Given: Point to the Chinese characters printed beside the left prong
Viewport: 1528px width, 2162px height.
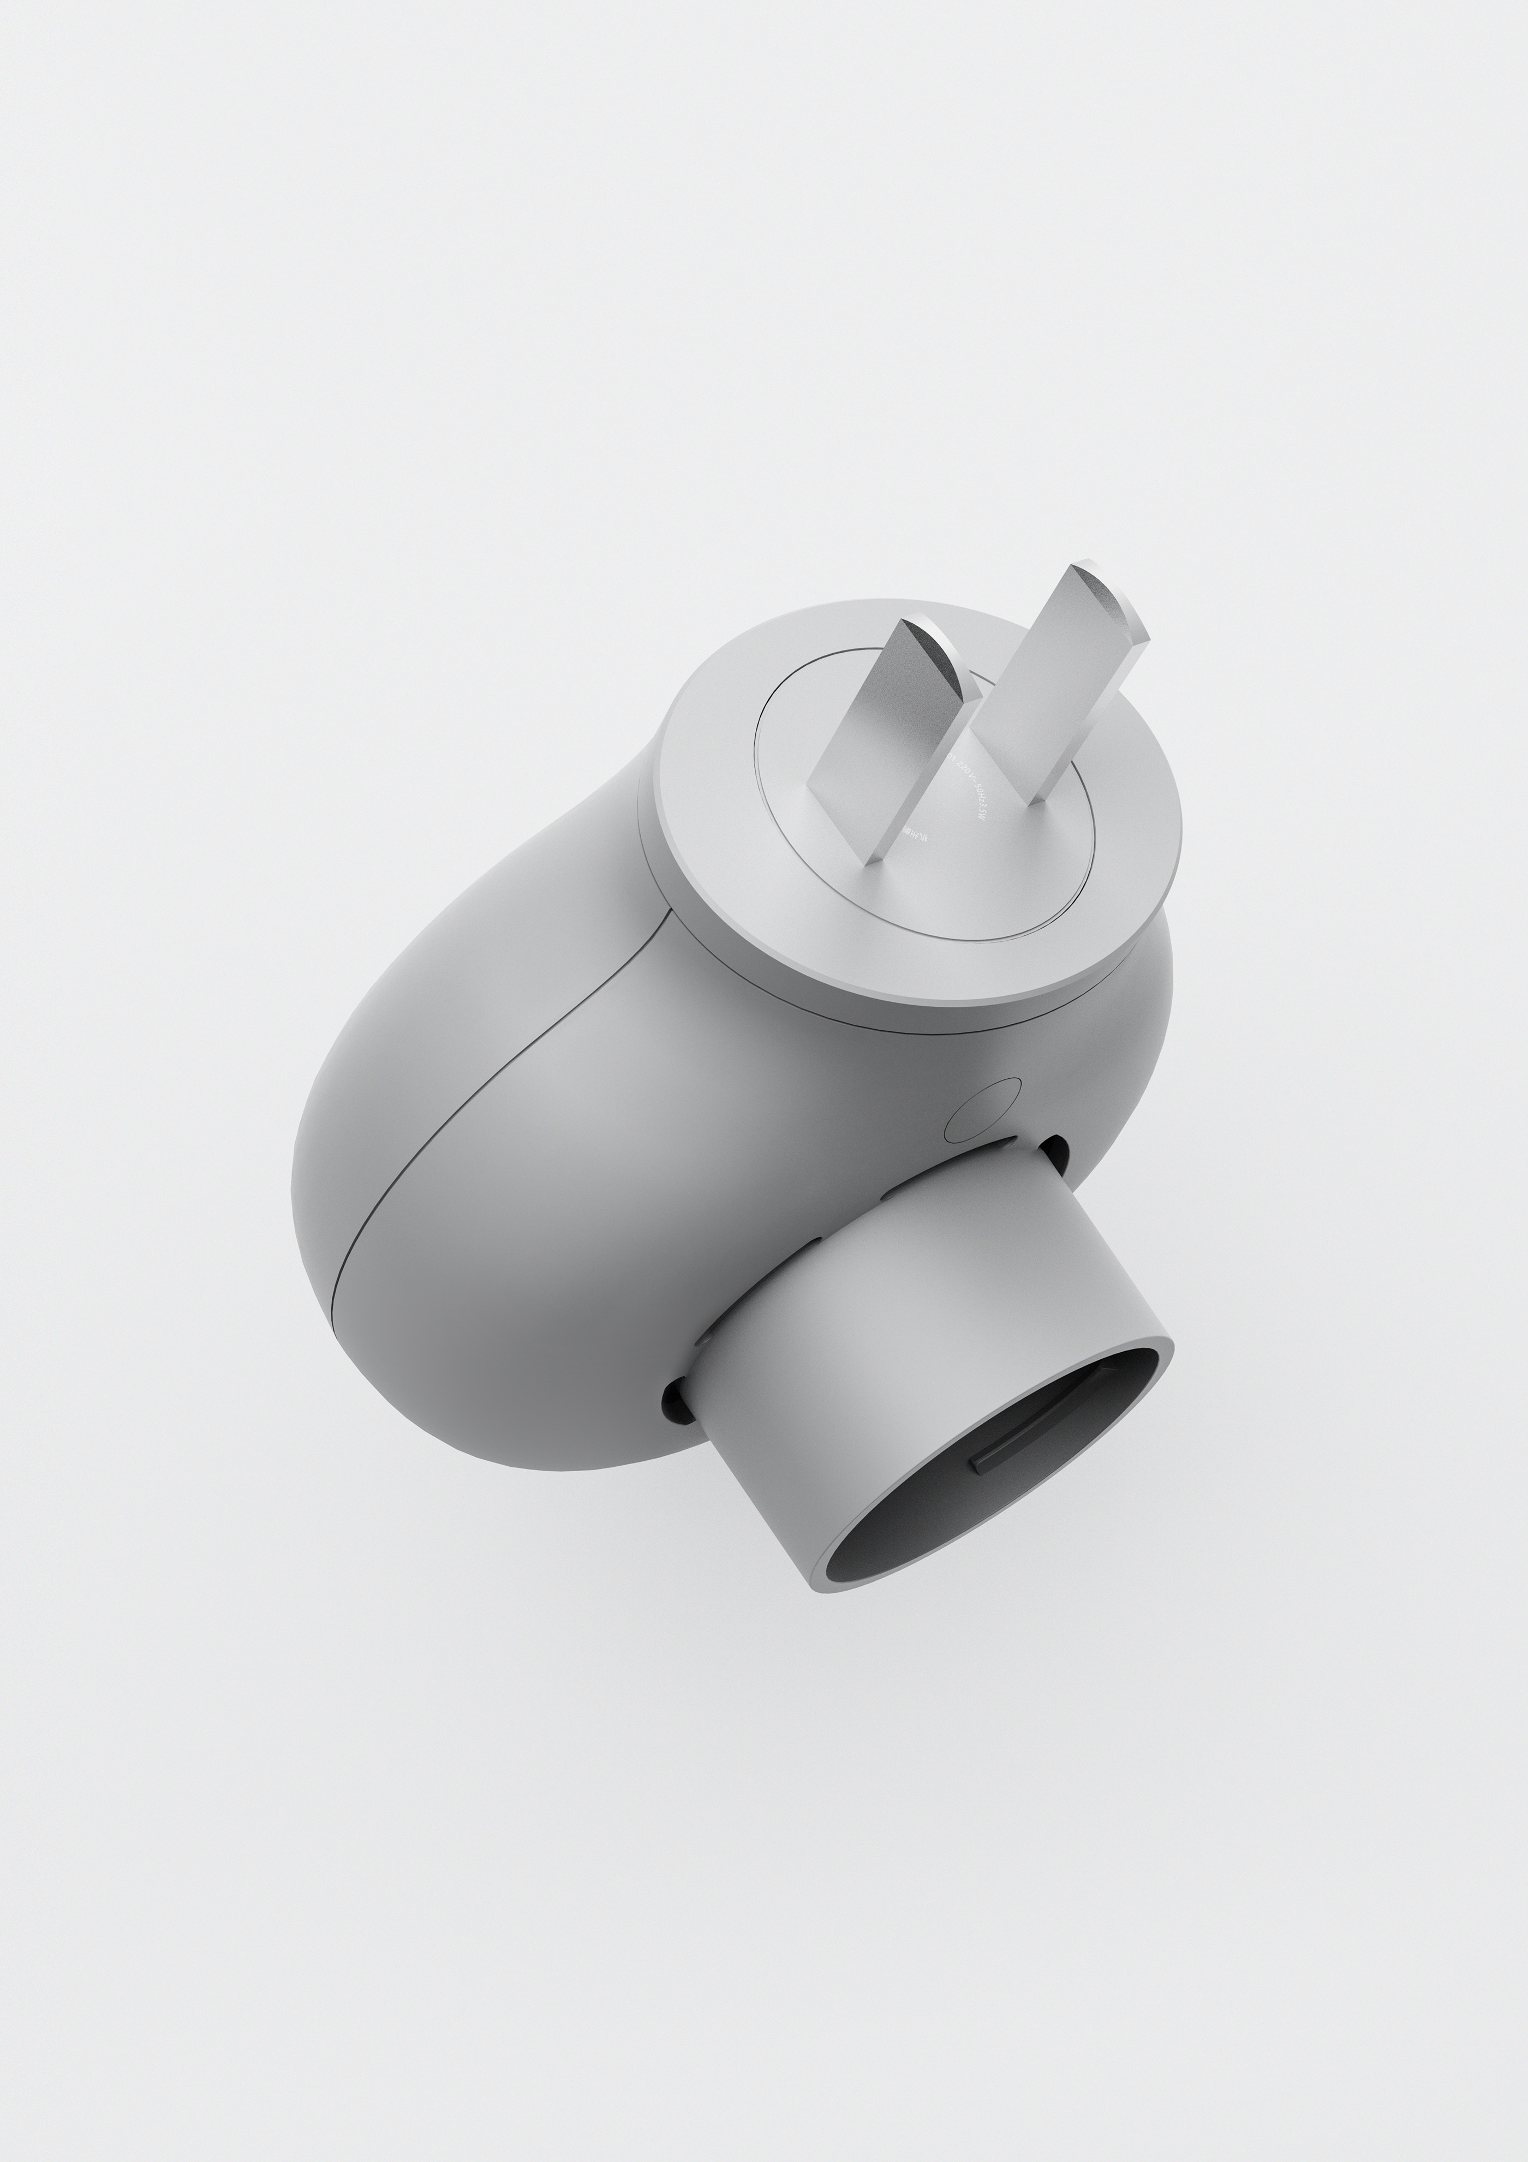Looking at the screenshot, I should (913, 832).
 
